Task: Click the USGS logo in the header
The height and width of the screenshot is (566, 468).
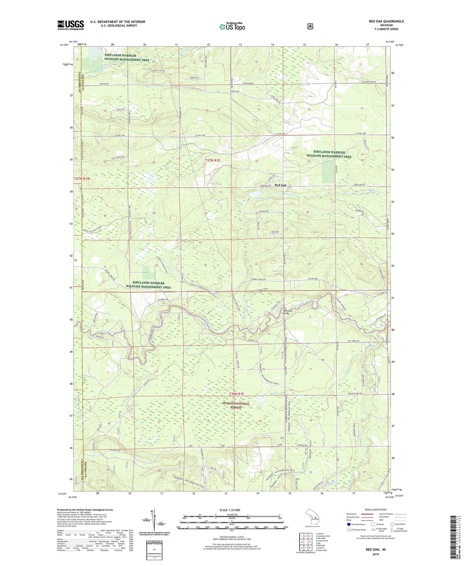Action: (x=71, y=25)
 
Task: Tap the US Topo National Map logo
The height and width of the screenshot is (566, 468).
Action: (x=232, y=26)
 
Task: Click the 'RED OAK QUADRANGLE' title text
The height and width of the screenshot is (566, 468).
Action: (x=386, y=21)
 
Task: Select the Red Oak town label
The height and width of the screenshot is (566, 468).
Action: (x=280, y=185)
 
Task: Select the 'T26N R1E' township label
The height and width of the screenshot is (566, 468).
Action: (x=236, y=394)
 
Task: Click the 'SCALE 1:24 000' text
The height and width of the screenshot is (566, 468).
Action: (x=230, y=510)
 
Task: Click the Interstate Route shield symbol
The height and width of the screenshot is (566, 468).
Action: (x=349, y=524)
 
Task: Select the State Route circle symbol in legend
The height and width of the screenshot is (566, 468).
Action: (x=392, y=524)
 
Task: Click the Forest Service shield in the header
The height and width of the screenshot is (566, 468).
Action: (x=310, y=26)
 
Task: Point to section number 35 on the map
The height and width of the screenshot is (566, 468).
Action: (x=310, y=264)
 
